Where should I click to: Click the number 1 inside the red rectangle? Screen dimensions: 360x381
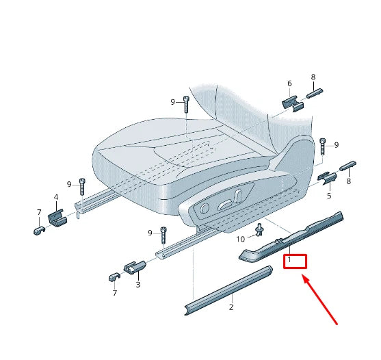point(289,260)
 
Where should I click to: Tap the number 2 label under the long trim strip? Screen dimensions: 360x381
point(231,307)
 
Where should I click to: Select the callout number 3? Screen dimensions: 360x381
point(137,284)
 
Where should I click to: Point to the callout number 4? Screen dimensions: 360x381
point(56,198)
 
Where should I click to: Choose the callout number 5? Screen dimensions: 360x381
point(328,196)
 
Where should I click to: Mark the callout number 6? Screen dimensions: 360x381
point(289,83)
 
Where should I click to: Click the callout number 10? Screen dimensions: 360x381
point(240,239)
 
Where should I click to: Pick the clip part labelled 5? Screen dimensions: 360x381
point(327,179)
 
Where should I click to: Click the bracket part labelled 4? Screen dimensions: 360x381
point(57,218)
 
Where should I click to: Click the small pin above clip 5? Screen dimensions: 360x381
point(347,164)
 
